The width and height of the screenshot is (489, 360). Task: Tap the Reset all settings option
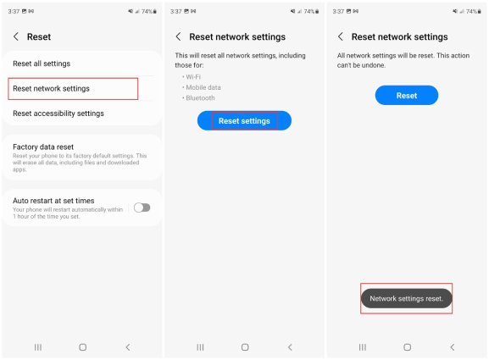click(42, 64)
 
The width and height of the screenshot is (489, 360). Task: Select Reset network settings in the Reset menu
click(51, 89)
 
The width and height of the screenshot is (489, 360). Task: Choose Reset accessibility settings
click(58, 114)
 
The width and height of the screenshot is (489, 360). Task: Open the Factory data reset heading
click(43, 147)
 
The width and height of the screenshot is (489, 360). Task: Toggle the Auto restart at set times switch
click(142, 208)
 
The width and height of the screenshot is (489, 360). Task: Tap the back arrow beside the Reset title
click(16, 36)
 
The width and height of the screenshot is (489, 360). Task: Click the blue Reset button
click(407, 96)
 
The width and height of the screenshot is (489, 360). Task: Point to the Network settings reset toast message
click(406, 299)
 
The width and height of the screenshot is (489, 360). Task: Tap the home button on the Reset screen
click(83, 347)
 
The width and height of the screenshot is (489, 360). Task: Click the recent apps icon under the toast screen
click(363, 347)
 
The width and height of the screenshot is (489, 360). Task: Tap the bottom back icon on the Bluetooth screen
click(290, 347)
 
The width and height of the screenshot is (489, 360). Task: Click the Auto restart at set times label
click(53, 201)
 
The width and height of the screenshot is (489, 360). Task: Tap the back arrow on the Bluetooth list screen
click(178, 36)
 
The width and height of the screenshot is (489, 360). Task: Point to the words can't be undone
click(361, 65)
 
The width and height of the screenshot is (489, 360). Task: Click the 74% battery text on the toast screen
click(471, 12)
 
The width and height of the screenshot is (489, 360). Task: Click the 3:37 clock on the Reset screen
click(14, 12)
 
